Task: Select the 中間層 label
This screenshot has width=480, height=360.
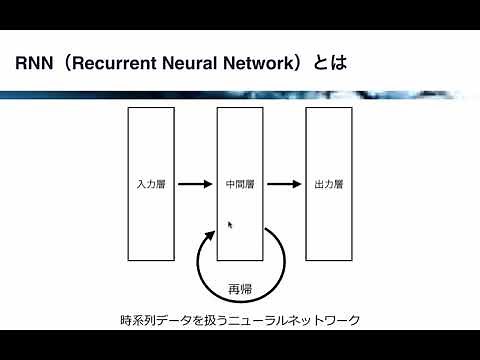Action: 241,185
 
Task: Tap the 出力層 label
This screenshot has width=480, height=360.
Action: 329,185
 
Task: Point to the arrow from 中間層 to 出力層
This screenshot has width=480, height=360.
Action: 284,184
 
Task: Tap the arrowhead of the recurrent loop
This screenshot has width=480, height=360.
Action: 210,236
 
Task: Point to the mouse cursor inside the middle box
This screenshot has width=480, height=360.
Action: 230,225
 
